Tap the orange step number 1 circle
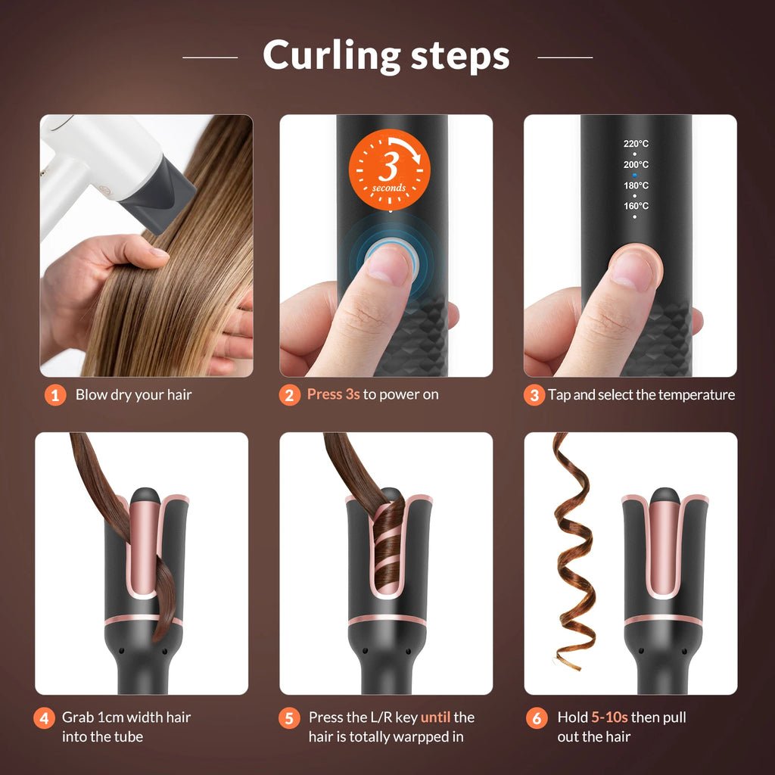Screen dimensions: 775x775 [54, 395]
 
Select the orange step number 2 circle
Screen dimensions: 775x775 [289, 395]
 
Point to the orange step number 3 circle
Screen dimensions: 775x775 [534, 395]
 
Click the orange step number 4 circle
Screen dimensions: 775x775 [44, 718]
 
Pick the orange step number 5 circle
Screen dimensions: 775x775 [289, 718]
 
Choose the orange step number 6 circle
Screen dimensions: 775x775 [537, 718]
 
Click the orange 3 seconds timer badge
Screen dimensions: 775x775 [389, 170]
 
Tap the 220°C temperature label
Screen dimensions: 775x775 [636, 144]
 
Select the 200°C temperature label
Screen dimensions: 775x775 [636, 164]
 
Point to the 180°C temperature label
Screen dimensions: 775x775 [636, 185]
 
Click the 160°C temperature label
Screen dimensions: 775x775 [636, 206]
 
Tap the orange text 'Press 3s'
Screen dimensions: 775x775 [333, 394]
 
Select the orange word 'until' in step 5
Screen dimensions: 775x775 [436, 717]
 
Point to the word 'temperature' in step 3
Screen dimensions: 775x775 [696, 394]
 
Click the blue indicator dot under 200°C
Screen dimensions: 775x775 [635, 175]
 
